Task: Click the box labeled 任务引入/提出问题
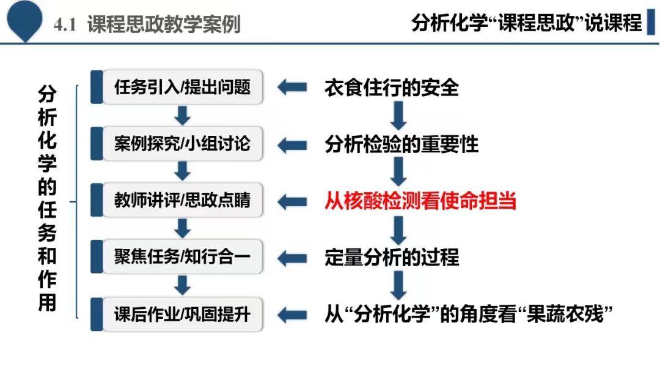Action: click(182, 87)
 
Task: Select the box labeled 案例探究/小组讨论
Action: click(182, 144)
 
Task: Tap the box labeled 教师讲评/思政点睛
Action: click(182, 200)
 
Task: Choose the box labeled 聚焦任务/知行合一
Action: click(182, 256)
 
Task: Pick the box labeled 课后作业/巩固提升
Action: click(182, 314)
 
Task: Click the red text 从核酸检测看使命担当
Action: click(420, 201)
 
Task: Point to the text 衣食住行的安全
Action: click(392, 87)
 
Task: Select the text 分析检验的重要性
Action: click(401, 144)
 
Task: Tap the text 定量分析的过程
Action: click(392, 257)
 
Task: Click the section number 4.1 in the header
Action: click(65, 25)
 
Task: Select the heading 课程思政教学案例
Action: click(164, 24)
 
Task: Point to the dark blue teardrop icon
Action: click(25, 20)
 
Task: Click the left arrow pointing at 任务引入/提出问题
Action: click(292, 87)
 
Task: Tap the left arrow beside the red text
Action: click(292, 201)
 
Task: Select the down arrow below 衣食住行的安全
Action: click(398, 116)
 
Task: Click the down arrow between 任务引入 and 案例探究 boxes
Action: click(182, 116)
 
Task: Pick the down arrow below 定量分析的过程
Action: click(398, 285)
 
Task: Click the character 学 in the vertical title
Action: click(47, 162)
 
